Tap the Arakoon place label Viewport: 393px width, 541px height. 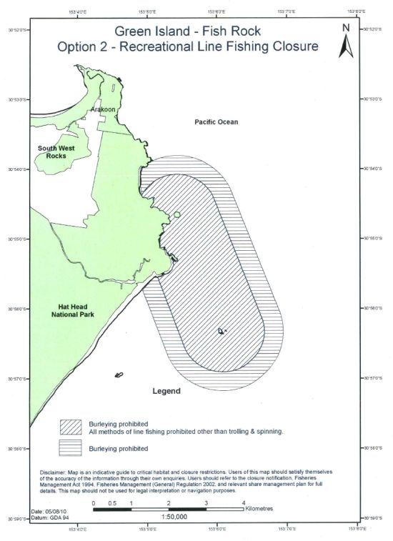tap(104, 109)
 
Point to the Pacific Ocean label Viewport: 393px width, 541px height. tap(217, 122)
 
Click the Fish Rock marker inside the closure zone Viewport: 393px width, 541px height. tap(221, 331)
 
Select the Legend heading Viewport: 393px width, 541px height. tap(166, 392)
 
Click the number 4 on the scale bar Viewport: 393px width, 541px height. tap(244, 504)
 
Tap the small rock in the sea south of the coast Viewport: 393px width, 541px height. tap(119, 374)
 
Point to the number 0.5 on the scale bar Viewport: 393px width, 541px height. tap(113, 504)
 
